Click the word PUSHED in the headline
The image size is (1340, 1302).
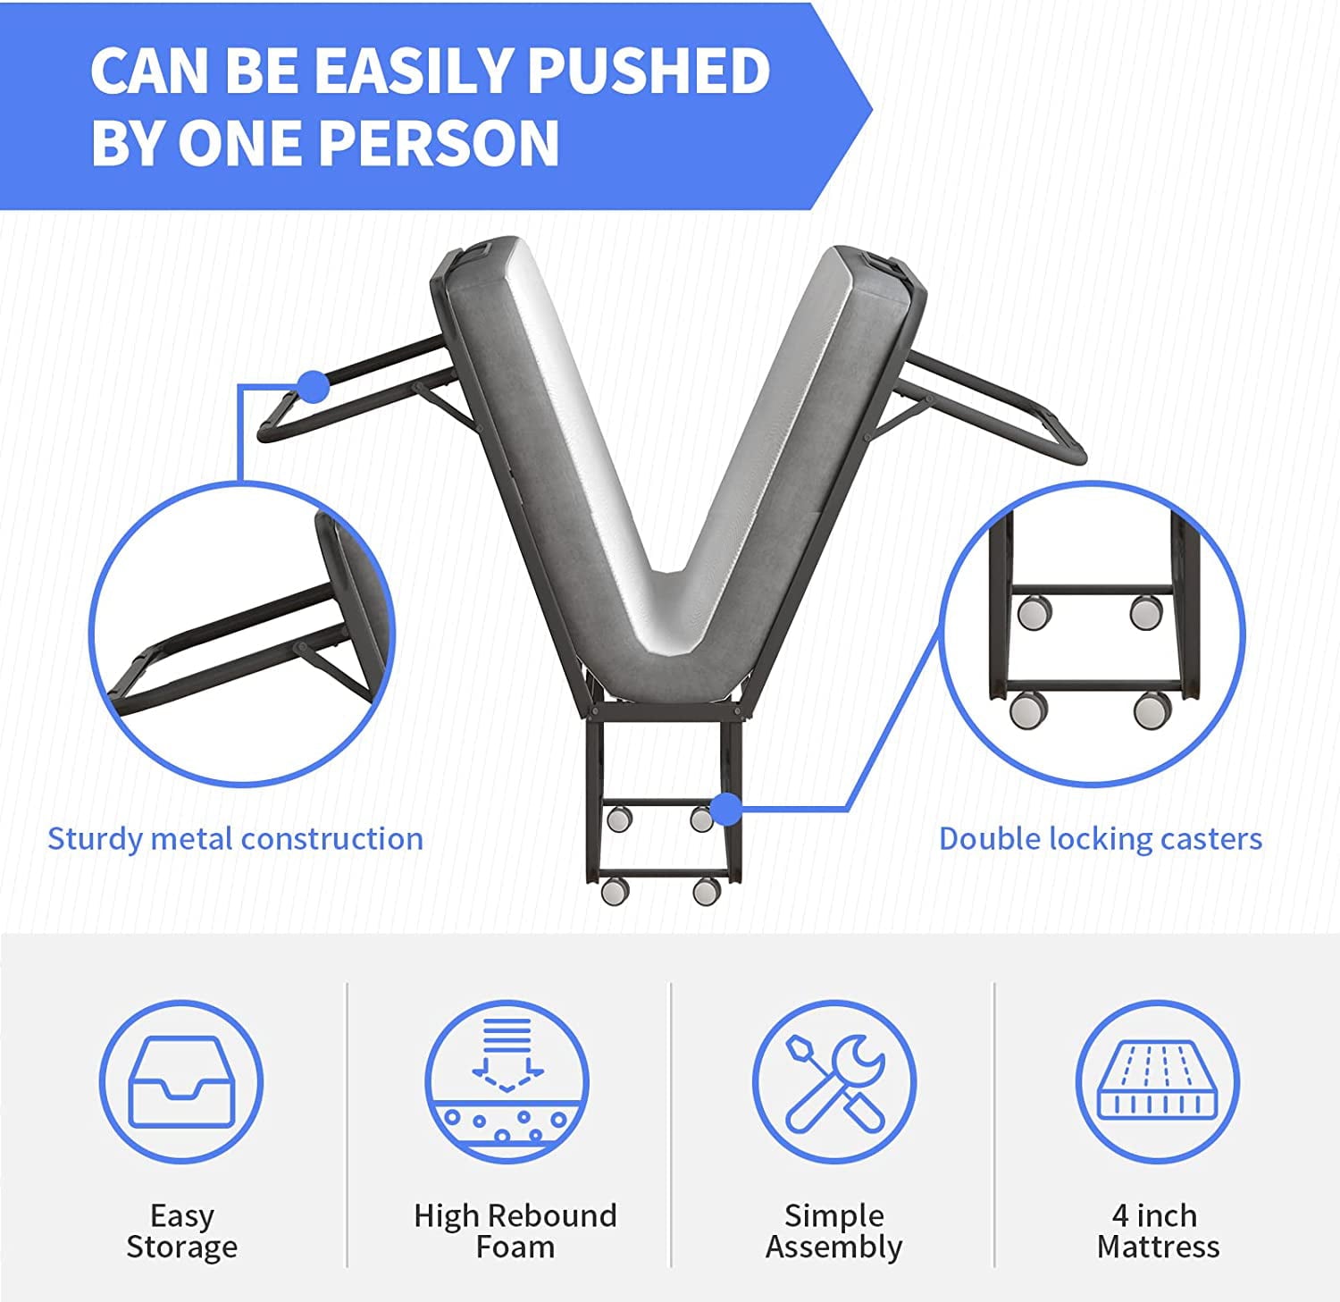649,71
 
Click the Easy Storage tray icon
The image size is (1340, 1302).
181,1081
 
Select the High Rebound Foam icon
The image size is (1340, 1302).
507,1081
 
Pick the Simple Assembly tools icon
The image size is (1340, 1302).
834,1081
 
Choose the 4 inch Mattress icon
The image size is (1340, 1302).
1158,1081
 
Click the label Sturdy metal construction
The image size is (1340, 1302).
235,839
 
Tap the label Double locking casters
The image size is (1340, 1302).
1101,839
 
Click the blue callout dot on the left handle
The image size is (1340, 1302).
313,386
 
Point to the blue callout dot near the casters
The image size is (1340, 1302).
727,809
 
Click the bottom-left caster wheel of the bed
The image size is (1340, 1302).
614,890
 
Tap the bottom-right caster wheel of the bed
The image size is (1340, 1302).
707,890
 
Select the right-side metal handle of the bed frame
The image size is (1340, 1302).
992,407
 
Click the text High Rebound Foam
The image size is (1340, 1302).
515,1231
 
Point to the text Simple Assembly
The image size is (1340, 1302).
834,1231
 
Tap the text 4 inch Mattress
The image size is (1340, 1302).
1158,1231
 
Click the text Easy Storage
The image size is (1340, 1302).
181,1231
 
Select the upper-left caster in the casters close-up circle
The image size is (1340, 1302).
1034,613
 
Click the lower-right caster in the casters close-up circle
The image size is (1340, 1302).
1152,710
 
